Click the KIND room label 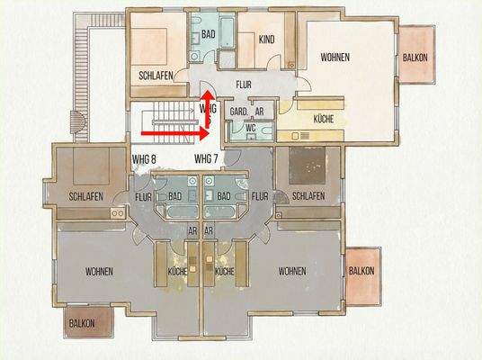pos(266,40)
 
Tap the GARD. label pos(238,111)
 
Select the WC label pos(251,128)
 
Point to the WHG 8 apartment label pos(145,158)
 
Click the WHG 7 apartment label pos(207,158)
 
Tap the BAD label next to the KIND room pos(208,32)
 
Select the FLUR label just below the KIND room pos(244,85)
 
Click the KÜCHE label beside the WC pos(323,119)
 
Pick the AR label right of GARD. pos(259,111)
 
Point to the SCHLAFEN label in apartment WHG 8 pos(85,196)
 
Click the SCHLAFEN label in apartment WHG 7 pos(308,196)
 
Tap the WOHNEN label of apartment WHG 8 pos(100,271)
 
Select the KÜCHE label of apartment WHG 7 pos(225,271)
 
